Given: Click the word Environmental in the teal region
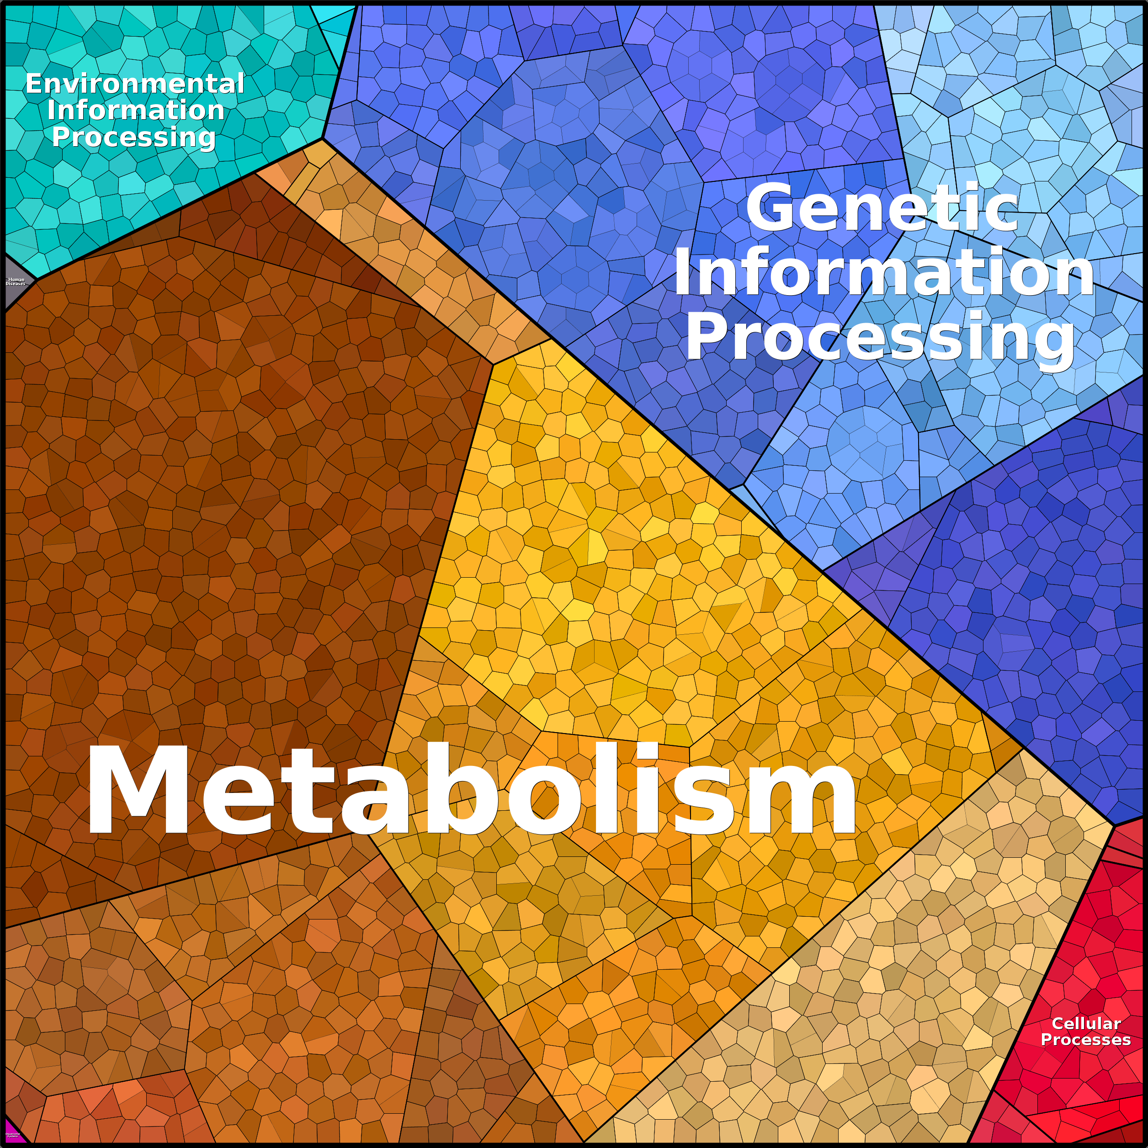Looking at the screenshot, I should pyautogui.click(x=135, y=84).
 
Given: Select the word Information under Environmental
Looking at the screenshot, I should pyautogui.click(x=135, y=111).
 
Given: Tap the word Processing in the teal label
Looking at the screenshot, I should pyautogui.click(x=134, y=137).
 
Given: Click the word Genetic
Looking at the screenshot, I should pyautogui.click(x=882, y=208).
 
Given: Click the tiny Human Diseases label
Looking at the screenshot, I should pyautogui.click(x=16, y=282).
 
